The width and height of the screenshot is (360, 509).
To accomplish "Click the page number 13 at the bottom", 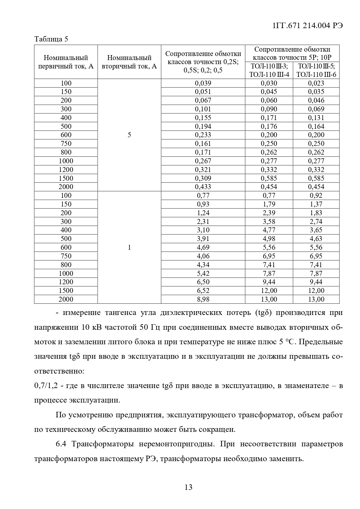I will click(188, 487).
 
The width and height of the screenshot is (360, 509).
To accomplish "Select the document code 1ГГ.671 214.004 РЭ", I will click(308, 26).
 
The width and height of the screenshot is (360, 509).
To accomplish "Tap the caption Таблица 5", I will click(51, 39).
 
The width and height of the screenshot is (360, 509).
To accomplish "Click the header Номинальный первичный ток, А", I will click(66, 62).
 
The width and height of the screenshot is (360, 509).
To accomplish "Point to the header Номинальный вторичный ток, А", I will click(129, 62).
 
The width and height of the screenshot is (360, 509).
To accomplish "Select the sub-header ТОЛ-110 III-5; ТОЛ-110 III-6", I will click(316, 70).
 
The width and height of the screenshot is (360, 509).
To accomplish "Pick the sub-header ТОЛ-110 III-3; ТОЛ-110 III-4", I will click(269, 70).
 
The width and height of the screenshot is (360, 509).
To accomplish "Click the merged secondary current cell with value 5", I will click(129, 135).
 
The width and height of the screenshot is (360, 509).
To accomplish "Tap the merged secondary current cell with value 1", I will click(129, 247).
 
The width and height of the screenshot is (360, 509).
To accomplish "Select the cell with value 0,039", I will click(203, 83).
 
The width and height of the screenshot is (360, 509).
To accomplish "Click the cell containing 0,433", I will click(203, 187).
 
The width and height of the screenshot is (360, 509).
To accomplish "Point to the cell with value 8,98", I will click(203, 299).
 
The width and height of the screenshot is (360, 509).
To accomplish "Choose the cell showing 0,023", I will click(316, 83).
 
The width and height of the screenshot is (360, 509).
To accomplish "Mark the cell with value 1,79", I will click(269, 204).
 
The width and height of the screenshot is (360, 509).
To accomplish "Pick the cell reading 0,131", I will click(316, 118).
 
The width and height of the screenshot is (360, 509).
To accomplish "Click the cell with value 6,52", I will click(203, 291).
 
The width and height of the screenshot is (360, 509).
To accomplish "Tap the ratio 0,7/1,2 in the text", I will click(46, 386).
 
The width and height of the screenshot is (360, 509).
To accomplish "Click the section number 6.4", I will click(61, 444).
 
